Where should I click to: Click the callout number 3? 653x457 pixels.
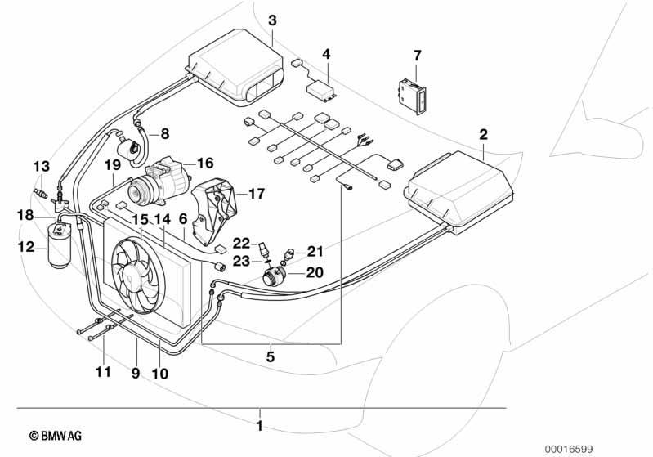coord(272,20)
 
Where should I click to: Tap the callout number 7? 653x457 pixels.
coord(418,56)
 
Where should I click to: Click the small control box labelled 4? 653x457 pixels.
coord(321,91)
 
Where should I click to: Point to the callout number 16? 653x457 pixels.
coord(205,163)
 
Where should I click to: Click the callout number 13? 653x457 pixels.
coord(42,166)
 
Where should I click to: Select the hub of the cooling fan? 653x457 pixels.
coord(129,276)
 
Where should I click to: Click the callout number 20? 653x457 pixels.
coord(315,272)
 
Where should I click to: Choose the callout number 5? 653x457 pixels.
coord(271,356)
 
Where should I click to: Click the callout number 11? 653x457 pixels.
coord(103,371)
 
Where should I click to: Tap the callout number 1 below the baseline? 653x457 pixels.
coord(259,427)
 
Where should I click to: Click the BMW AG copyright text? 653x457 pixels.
coord(56,436)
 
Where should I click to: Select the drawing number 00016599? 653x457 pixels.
coord(569,449)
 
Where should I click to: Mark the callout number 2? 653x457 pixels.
coord(483,134)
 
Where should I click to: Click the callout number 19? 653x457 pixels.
coord(113,164)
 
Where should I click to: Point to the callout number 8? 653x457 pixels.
coord(165,134)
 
